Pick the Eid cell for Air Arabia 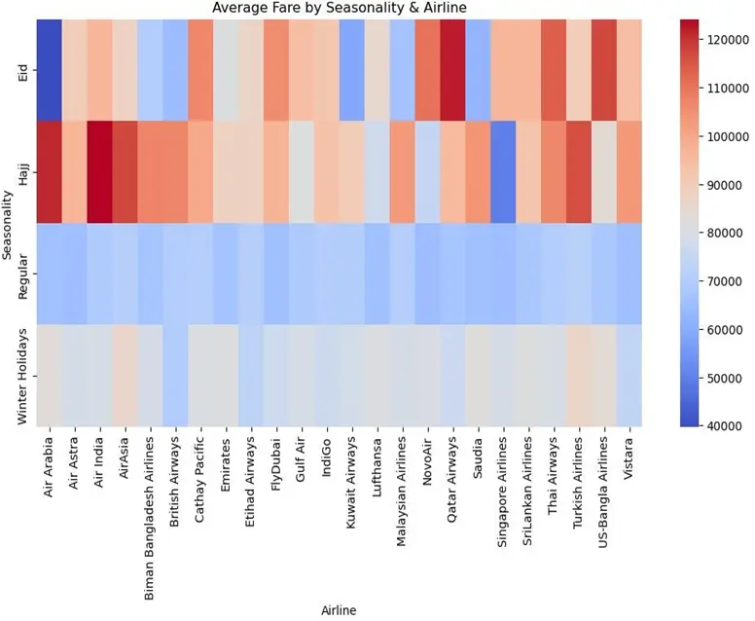click(50, 69)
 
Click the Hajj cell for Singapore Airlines click(504, 171)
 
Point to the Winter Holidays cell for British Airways click(176, 375)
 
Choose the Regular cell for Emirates click(226, 274)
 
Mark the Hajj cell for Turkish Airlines click(580, 171)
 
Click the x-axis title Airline click(339, 610)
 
